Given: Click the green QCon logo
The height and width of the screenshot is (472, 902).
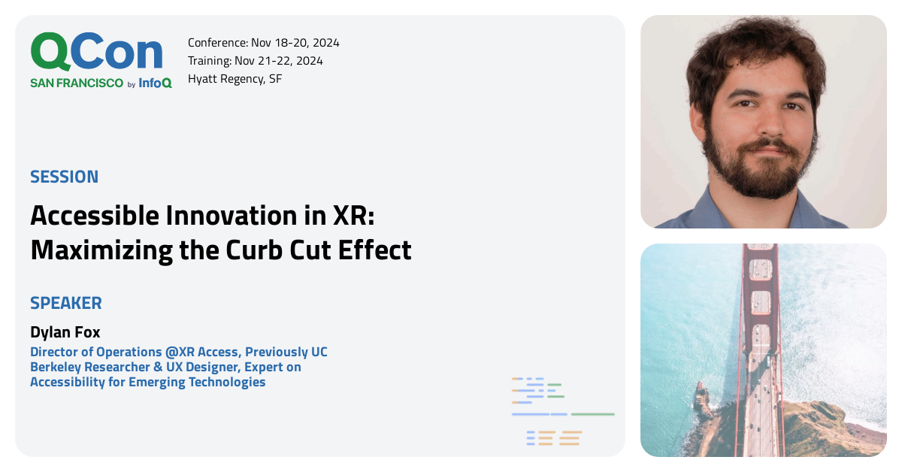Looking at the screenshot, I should tap(96, 53).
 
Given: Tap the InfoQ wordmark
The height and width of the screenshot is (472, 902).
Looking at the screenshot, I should tap(155, 83).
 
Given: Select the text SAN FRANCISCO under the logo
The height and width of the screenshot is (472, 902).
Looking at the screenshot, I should tap(77, 83).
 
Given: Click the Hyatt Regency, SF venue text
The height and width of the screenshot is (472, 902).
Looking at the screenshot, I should tap(235, 78).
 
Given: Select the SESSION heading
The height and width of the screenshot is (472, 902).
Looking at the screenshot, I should tap(64, 177).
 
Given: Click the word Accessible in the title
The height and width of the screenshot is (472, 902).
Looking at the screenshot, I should tap(95, 216).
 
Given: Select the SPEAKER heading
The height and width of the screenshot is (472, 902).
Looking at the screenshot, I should tap(66, 303).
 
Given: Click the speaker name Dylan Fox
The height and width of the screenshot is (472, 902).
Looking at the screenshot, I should tap(65, 331).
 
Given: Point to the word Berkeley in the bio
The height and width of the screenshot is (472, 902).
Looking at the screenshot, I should tap(56, 367).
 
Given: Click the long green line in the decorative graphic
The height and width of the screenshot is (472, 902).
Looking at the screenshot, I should tap(592, 414).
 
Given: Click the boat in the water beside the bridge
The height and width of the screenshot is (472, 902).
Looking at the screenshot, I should tap(703, 398).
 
